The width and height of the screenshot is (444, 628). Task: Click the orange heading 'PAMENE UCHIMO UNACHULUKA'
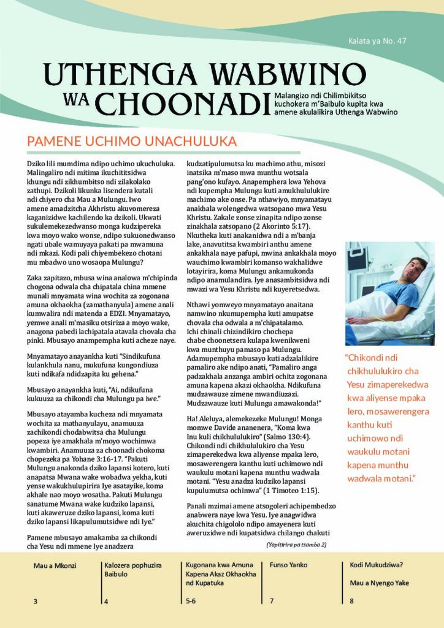click(132, 141)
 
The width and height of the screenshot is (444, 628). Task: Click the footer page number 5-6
click(191, 602)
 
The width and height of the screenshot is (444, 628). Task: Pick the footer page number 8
click(351, 602)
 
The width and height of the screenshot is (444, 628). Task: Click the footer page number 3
click(36, 602)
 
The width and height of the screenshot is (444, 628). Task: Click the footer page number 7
click(272, 602)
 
